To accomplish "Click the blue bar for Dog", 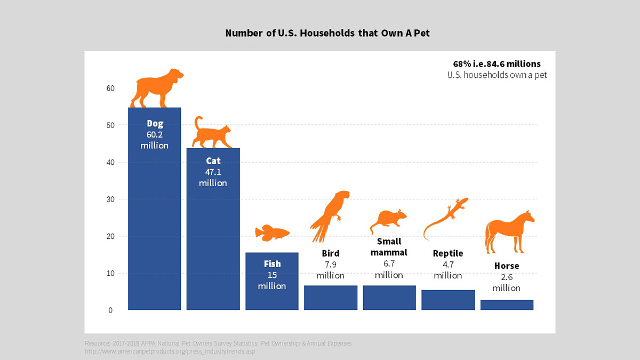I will point(154,224).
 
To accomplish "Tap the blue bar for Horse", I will point(507,305).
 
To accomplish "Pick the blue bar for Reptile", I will point(448,300).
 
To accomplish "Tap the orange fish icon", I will point(272,233).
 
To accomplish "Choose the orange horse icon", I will point(508,232).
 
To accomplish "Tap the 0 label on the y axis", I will point(110,310).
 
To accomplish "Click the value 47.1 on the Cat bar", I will point(213,172).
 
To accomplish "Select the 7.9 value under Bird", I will point(330,265).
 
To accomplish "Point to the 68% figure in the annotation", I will point(462,64).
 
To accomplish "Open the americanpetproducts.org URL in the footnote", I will point(173,351).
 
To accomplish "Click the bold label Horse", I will point(506,266).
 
